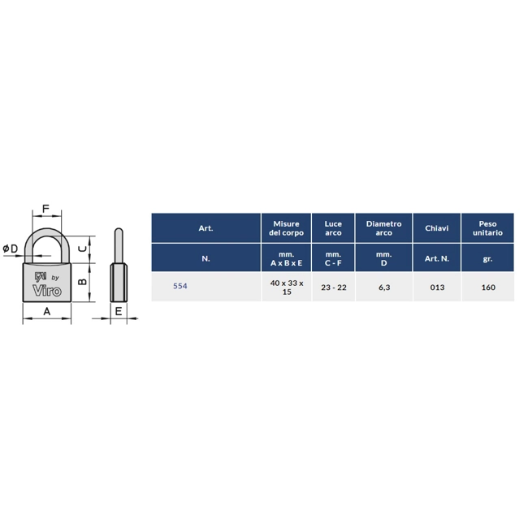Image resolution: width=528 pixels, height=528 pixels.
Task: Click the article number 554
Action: (180, 286)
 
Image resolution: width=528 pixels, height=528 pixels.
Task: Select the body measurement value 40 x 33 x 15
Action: (287, 288)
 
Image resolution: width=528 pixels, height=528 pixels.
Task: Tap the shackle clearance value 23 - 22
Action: (333, 288)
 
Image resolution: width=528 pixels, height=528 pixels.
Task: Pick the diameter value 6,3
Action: (384, 288)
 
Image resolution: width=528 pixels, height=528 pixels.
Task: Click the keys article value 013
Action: (437, 288)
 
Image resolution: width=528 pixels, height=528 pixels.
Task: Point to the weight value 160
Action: (488, 288)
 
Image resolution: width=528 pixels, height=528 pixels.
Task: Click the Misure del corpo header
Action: (286, 228)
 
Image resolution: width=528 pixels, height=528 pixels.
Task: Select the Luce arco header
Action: (333, 228)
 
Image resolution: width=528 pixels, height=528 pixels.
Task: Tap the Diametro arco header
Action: (384, 228)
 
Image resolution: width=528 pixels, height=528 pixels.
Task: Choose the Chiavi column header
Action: (437, 228)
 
